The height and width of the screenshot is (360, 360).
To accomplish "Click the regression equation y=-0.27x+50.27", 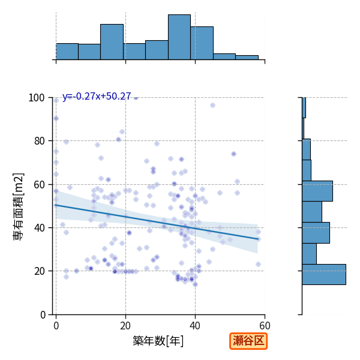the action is pos(97,96).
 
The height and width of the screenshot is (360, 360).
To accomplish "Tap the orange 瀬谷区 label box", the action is pos(248,341).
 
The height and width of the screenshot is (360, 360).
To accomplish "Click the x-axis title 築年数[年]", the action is pos(158,341).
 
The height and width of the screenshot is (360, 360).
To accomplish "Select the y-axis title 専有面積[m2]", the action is pos(19,206).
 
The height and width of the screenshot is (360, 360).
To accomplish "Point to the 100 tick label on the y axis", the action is pos(36,98).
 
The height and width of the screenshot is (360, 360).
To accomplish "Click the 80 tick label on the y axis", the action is pos(39,141).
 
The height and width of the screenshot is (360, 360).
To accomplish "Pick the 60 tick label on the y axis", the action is pos(39,185).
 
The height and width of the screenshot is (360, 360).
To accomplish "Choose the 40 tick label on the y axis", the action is pos(39,228).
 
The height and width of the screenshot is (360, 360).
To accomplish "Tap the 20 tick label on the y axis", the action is pos(39,271).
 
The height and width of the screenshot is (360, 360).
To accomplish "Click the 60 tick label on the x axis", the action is pos(265,326).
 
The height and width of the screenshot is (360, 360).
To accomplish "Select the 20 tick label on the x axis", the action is pos(125,326).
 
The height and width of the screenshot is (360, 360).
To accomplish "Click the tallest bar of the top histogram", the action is pos(179,37).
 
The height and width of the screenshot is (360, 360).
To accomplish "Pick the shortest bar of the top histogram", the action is pos(247,58).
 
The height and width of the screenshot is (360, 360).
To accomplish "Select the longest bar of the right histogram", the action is pos(324,275).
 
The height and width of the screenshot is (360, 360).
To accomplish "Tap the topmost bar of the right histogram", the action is pos(304,107).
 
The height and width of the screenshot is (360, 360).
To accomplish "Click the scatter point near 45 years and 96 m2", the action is pos(212,106).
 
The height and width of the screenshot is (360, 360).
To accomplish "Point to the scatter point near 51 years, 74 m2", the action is pos(234,154).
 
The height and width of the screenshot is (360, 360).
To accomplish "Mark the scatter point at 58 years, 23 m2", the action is pos(258,264).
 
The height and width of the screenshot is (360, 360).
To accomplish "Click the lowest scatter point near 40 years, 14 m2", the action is pos(196,284).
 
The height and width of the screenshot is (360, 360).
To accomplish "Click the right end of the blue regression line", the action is pos(258,239).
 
